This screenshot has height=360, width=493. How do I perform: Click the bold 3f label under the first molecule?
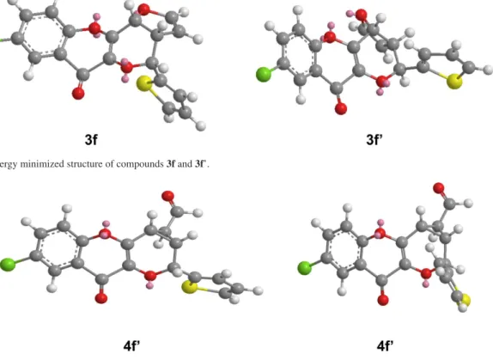pyautogui.click(x=91, y=139)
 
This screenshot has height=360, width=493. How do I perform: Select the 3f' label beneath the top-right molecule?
pyautogui.click(x=374, y=139)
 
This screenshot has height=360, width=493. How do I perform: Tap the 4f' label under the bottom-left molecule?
pyautogui.click(x=131, y=345)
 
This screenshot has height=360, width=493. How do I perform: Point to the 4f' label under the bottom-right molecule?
pyautogui.click(x=385, y=345)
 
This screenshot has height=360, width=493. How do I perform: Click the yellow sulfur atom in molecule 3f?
pyautogui.click(x=144, y=83)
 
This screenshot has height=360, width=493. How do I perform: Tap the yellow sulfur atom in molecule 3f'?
pyautogui.click(x=454, y=82)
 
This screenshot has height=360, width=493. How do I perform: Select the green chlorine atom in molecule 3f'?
pyautogui.click(x=264, y=75)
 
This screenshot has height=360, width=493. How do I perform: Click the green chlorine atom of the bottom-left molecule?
pyautogui.click(x=7, y=265)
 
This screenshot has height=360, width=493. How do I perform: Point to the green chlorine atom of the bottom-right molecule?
pyautogui.click(x=304, y=268)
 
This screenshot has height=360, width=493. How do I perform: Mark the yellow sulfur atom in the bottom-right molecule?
pyautogui.click(x=466, y=300)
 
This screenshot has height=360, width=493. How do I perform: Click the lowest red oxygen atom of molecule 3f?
pyautogui.click(x=78, y=93)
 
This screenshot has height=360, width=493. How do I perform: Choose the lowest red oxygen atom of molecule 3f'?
pyautogui.click(x=341, y=109)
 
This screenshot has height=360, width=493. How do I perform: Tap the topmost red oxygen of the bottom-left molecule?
pyautogui.click(x=167, y=196)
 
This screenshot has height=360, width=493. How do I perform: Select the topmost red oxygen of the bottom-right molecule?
pyautogui.click(x=439, y=188)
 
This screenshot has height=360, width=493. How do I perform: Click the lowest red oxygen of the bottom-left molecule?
pyautogui.click(x=101, y=298)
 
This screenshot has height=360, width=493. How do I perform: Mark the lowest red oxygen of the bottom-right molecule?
pyautogui.click(x=383, y=300)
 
